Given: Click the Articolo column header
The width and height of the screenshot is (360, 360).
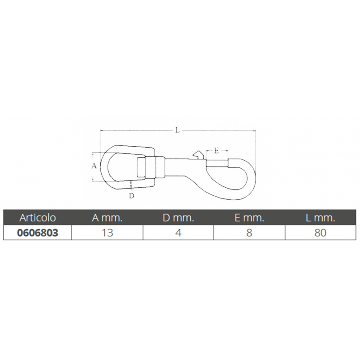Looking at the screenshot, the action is point(38,218).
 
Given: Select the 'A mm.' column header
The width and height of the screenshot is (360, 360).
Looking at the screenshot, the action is point(107,218).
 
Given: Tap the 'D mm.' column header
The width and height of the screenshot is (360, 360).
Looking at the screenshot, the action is point(178,218).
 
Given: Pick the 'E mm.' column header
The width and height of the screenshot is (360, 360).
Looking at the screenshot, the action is point(249,218).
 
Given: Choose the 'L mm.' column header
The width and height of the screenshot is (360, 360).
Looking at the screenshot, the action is point(320,218).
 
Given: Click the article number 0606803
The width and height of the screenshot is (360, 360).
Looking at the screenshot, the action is point(38,233).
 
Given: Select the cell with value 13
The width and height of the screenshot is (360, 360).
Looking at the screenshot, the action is point(107,233).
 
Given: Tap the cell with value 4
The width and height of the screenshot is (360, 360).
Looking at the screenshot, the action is point(178,233).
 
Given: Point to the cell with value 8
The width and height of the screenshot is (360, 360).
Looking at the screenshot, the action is point(249,233).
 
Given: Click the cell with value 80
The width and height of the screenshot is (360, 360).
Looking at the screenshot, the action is point(320,233).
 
